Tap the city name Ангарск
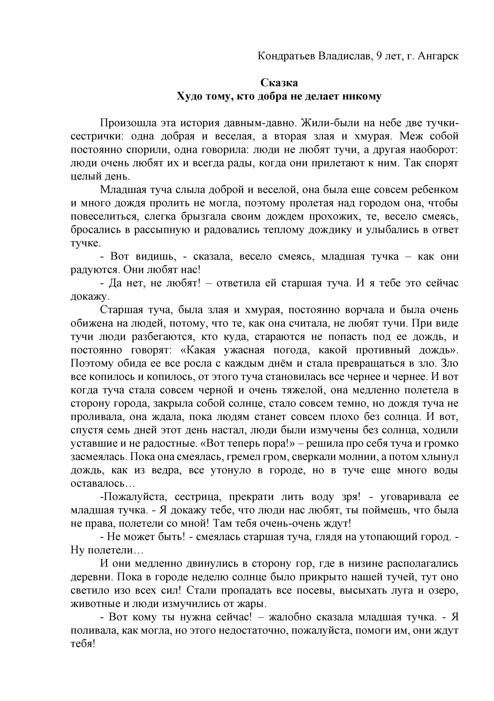tap(438, 56)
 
